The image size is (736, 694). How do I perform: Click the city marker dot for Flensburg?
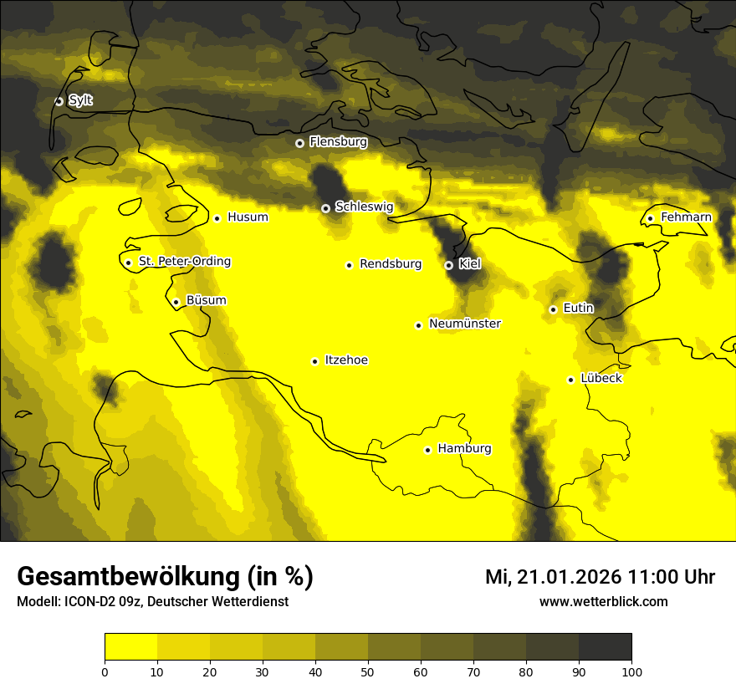pos(299,143)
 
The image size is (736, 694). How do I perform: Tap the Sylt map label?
pos(80,100)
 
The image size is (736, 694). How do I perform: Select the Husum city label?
pos(248,217)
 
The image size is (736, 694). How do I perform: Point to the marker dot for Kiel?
pos(449,265)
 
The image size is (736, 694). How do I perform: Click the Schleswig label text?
pos(364,207)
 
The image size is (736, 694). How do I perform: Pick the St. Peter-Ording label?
pos(184,262)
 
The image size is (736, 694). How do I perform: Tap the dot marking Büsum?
pos(176,302)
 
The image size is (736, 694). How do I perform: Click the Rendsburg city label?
pos(391,264)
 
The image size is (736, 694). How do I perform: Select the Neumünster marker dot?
pos(418,325)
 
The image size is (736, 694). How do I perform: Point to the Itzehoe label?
pos(346,360)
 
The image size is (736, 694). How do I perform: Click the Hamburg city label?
pos(464,449)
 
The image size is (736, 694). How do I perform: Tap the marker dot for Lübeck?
pos(571,380)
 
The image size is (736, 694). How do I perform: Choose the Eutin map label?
pos(578,309)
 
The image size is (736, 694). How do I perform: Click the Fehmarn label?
pos(686,217)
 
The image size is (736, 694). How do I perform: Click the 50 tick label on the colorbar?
pos(368,671)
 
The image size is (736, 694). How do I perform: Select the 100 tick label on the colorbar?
pos(631,671)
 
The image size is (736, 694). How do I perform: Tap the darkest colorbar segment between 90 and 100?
pos(605,646)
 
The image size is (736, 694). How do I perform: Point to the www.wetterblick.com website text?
pos(603,602)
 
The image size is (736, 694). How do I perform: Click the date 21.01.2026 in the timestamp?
pos(569,577)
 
